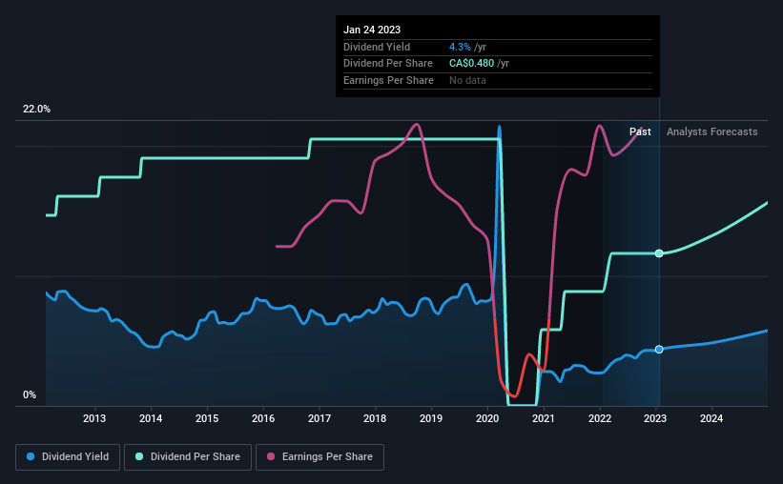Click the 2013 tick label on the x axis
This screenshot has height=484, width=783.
click(x=94, y=418)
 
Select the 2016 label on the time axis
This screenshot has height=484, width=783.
click(x=263, y=418)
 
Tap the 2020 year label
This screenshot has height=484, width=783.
click(x=487, y=418)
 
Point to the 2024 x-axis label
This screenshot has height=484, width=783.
click(x=711, y=418)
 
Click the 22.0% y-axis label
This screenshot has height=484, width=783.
click(x=37, y=110)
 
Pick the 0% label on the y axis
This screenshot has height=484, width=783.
click(x=30, y=394)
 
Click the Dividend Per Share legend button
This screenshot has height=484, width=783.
click(x=188, y=457)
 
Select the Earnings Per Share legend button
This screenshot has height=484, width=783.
click(x=320, y=457)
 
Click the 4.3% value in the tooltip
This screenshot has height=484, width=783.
click(x=459, y=47)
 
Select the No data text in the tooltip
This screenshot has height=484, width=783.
click(x=467, y=80)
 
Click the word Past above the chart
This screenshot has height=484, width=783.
click(x=641, y=131)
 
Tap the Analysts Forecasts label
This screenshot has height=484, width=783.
click(x=712, y=131)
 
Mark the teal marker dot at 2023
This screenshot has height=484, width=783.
click(x=659, y=253)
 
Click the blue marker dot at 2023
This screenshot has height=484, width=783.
click(x=659, y=350)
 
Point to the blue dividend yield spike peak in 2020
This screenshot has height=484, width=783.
click(x=499, y=127)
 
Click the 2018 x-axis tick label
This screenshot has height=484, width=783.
click(x=376, y=418)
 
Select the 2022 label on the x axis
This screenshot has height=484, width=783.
click(x=600, y=418)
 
